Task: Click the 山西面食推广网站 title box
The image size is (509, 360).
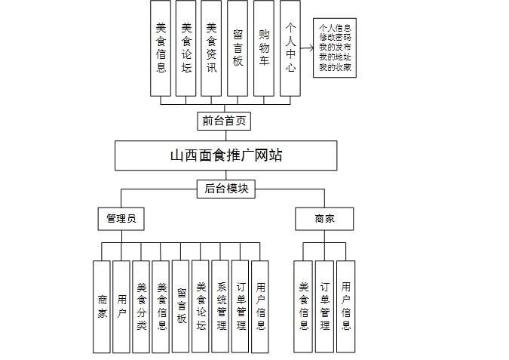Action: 226,155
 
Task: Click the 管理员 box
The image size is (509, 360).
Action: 121,219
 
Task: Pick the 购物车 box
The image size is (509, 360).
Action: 263,48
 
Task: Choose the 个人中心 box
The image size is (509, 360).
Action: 290,48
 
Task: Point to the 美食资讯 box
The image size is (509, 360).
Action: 211,48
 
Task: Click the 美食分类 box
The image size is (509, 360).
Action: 141,306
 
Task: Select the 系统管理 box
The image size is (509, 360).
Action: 220,306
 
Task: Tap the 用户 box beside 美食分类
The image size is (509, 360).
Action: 121,306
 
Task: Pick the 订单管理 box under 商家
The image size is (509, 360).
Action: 324,306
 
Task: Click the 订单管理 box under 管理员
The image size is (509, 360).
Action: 241,306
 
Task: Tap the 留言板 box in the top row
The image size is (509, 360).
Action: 238,48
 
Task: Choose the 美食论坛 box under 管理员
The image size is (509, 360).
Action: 201,306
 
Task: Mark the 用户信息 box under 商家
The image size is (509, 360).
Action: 345,306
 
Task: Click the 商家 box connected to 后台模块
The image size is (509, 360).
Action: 324,219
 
